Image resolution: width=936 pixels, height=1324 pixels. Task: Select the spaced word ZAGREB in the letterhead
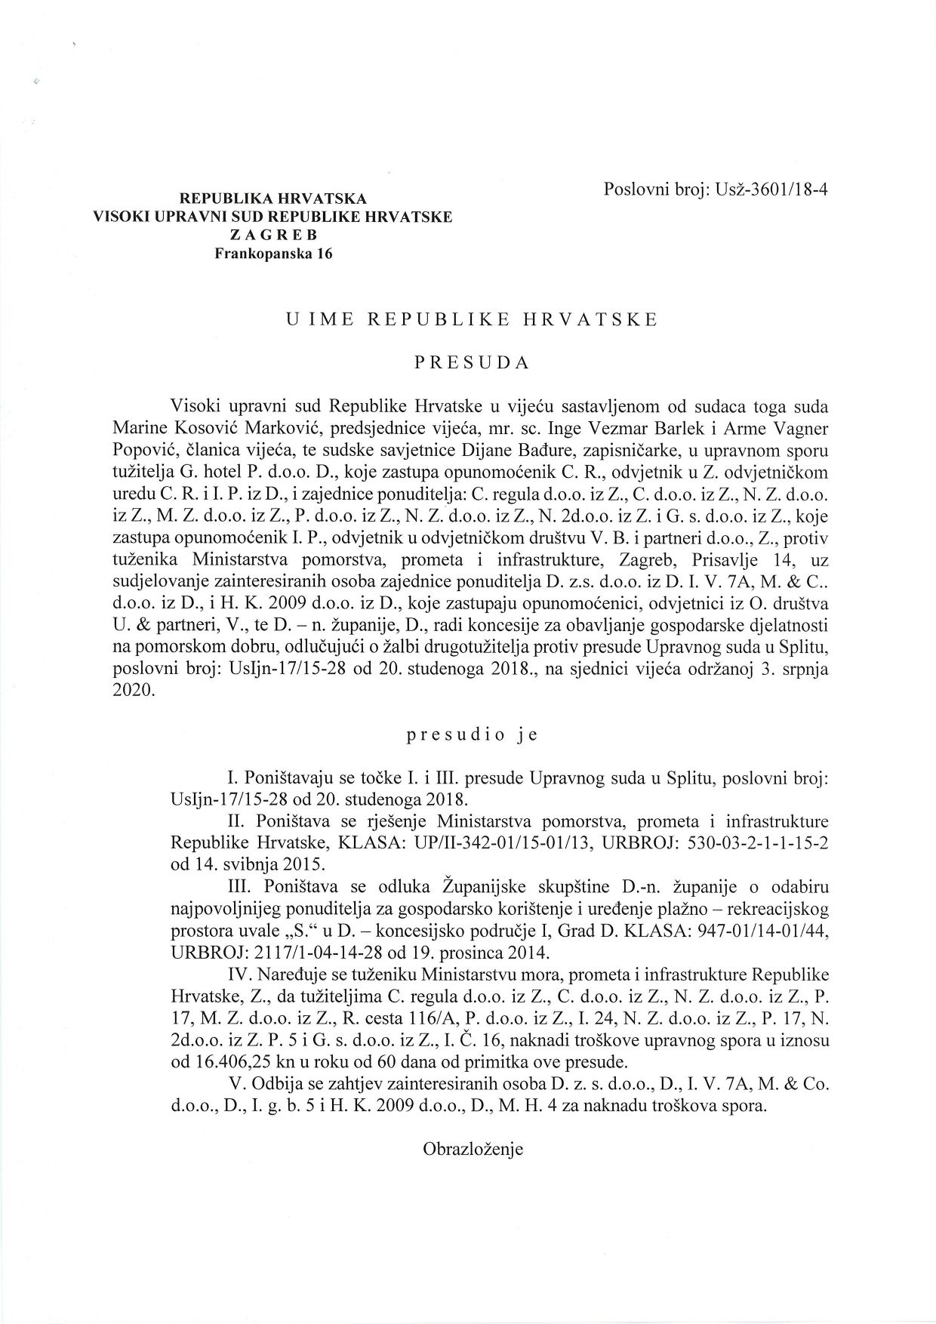(272, 236)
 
